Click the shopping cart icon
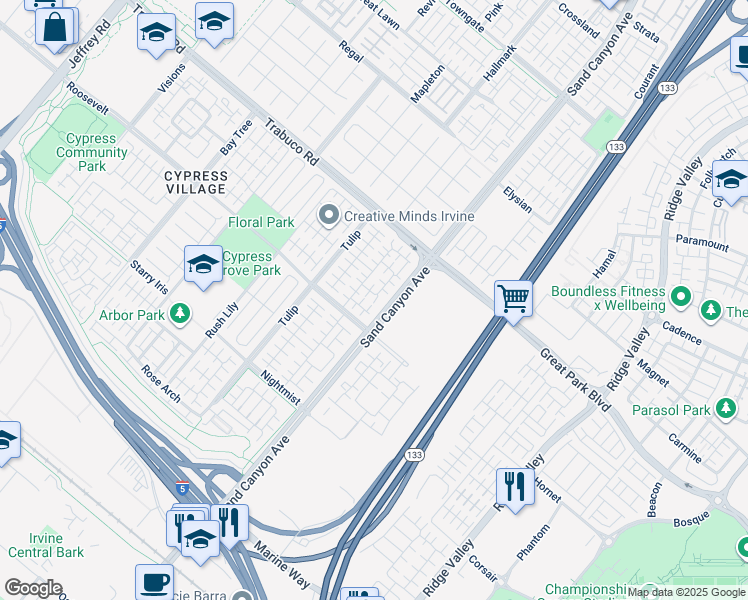(513, 298)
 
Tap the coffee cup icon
(154, 581)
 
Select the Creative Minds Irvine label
(408, 216)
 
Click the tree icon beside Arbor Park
(180, 316)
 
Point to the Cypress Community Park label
(92, 152)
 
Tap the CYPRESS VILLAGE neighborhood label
(196, 182)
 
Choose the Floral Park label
(261, 222)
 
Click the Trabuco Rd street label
(292, 142)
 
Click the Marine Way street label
(282, 565)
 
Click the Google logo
(33, 588)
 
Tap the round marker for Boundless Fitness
(681, 295)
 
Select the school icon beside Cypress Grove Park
(203, 265)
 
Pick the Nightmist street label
(280, 387)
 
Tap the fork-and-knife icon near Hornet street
(515, 487)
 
